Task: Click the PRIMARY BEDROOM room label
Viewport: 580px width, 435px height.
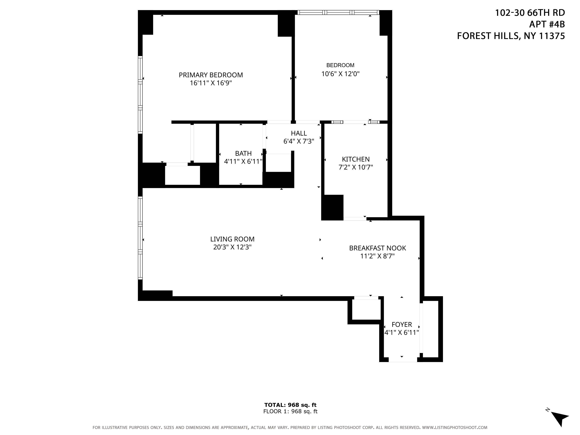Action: coord(211,75)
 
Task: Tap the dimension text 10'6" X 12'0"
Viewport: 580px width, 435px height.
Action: coord(340,74)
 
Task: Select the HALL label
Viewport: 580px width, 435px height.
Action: coord(299,133)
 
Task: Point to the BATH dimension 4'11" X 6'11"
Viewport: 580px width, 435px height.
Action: coord(243,162)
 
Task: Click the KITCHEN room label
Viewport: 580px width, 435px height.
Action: coord(356,159)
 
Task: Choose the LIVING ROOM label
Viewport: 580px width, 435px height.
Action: coord(232,239)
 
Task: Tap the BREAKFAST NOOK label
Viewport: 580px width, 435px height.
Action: coord(377,248)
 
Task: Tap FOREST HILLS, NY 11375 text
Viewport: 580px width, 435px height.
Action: coord(511,36)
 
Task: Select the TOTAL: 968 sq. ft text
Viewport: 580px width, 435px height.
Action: coord(290,405)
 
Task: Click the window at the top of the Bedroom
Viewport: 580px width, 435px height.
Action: coord(338,12)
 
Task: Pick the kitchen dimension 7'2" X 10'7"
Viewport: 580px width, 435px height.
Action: coord(356,167)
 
